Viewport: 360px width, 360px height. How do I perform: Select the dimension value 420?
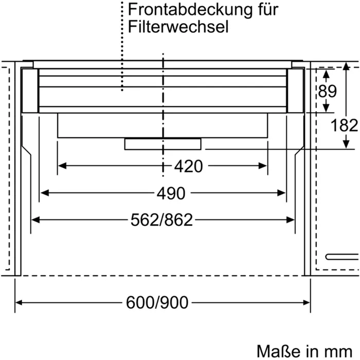point(188,166)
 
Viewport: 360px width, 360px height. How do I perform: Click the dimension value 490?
point(170,193)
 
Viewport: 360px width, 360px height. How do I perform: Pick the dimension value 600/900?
point(157,302)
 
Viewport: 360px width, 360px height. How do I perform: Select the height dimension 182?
point(345,125)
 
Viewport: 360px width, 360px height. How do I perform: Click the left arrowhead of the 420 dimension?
point(61,166)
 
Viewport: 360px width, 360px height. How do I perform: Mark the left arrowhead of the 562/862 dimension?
point(35,220)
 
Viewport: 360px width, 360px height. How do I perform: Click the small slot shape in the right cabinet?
point(340,256)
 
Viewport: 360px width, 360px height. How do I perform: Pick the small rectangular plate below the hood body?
point(163,144)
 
